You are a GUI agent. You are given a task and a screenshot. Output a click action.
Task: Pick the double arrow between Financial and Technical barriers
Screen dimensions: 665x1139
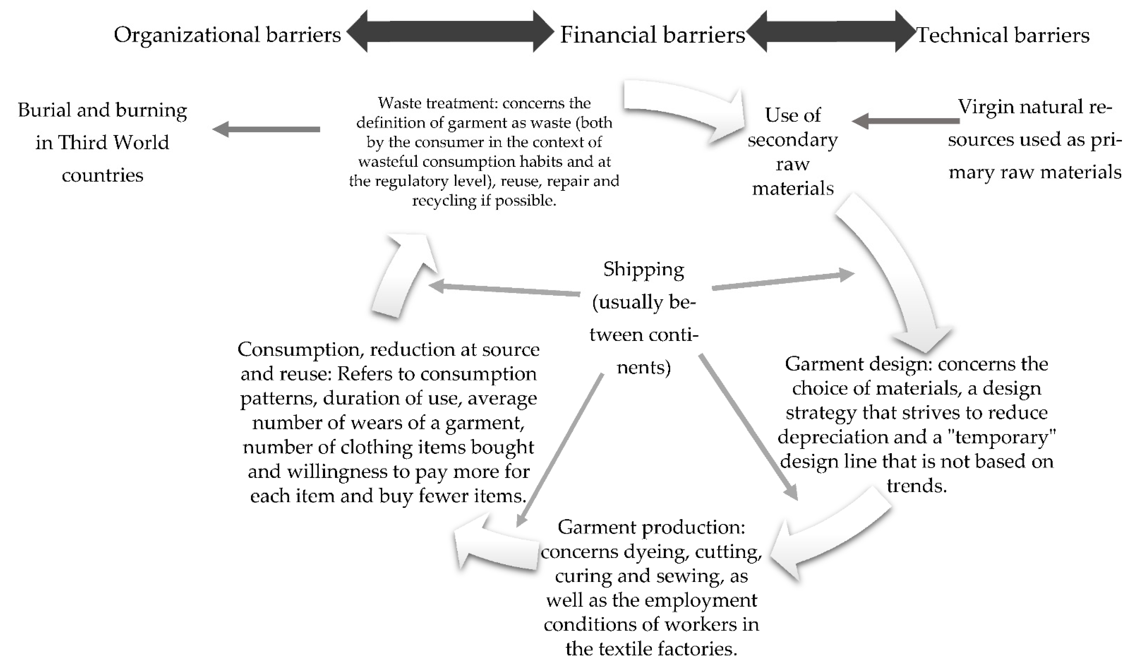tap(831, 32)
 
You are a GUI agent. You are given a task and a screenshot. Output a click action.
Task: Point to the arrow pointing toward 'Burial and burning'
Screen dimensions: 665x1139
tap(267, 130)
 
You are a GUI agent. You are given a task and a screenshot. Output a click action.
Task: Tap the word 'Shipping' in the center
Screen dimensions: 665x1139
tap(644, 270)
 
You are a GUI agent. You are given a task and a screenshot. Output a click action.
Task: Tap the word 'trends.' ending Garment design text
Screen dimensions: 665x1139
tap(916, 486)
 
